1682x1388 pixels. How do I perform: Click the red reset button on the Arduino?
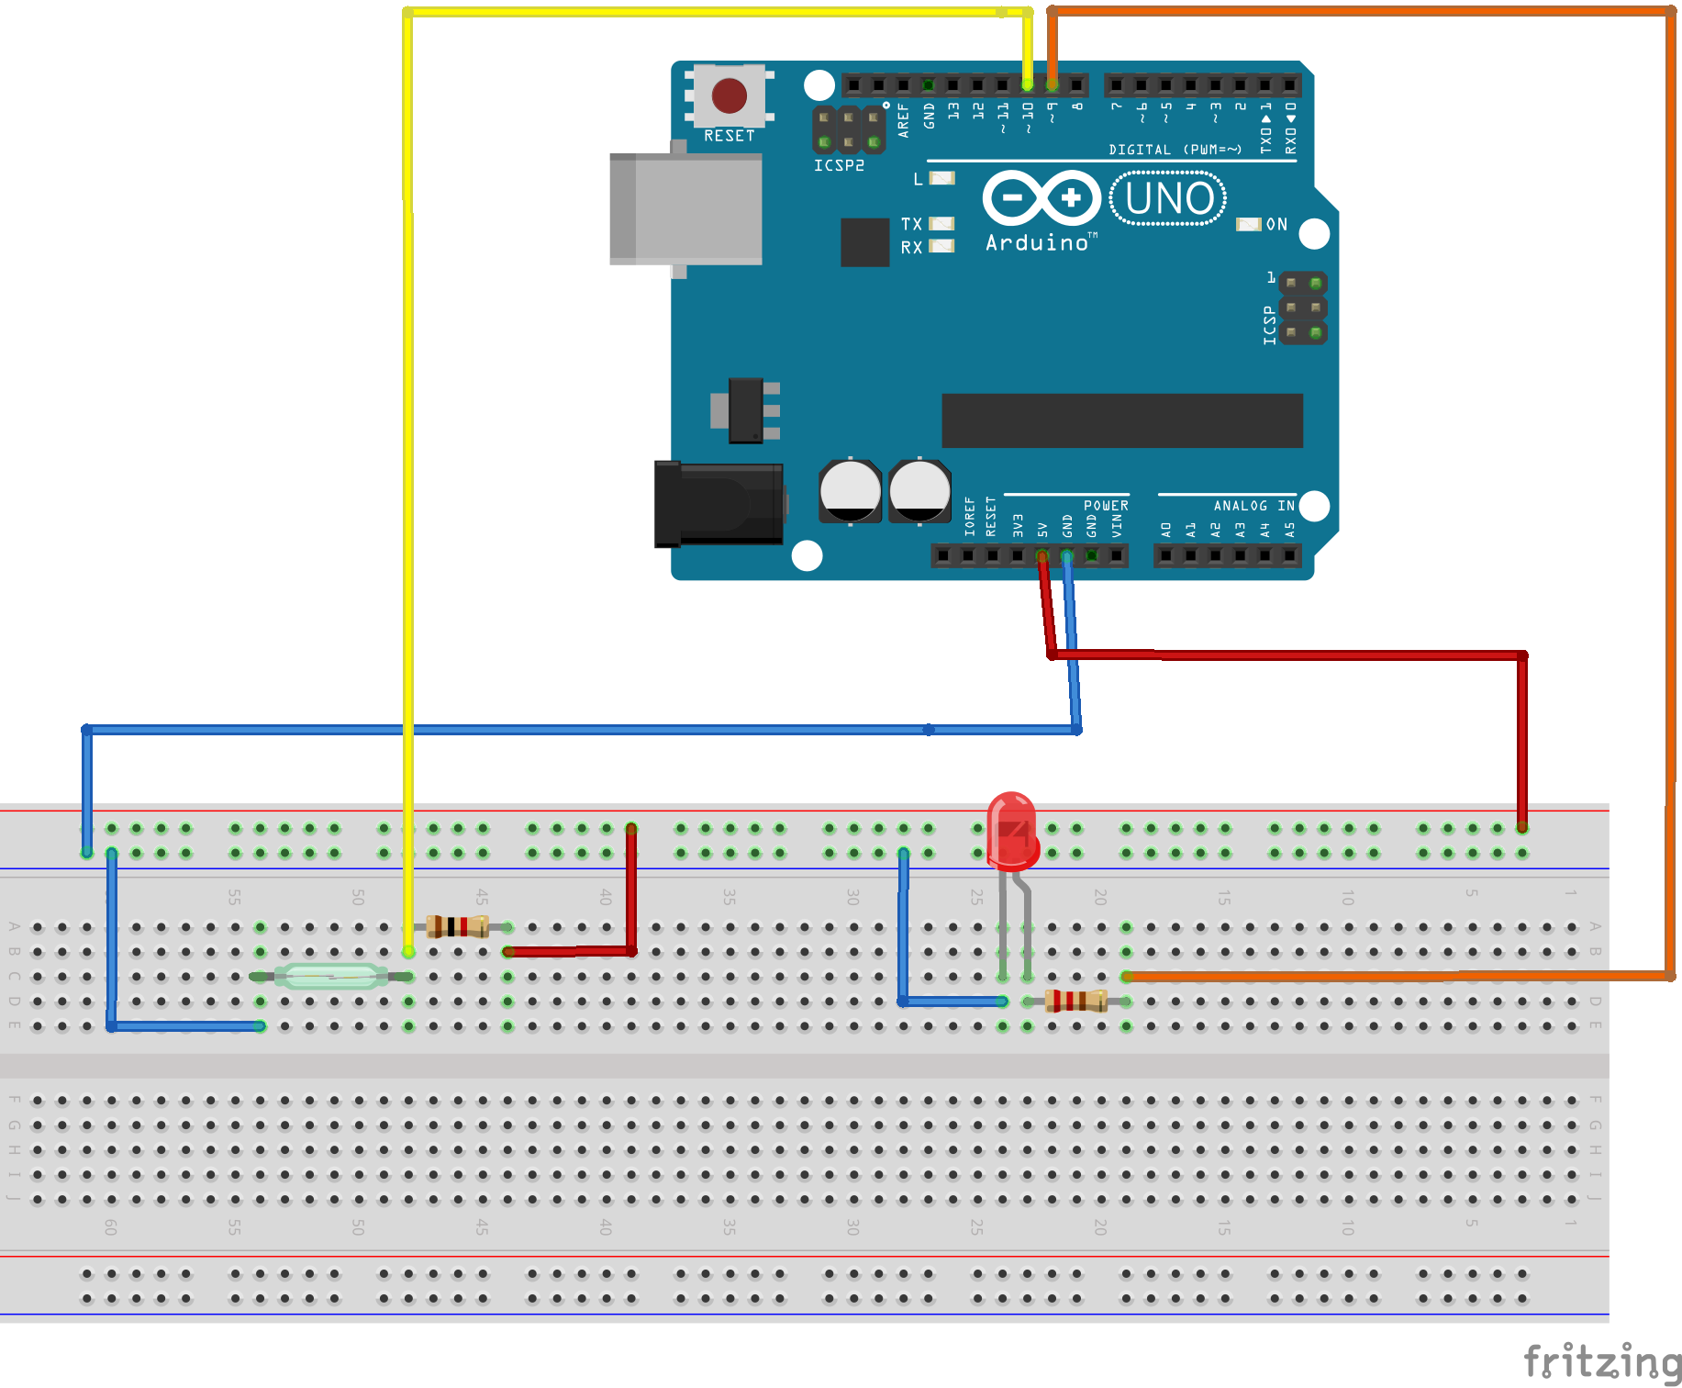point(730,95)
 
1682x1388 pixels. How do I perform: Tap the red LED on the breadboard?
point(1012,830)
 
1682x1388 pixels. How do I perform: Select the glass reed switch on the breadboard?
point(331,976)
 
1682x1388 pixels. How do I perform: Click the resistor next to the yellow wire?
point(457,926)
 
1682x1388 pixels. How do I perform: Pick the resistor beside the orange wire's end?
point(1075,1001)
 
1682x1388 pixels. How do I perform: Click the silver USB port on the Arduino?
point(686,209)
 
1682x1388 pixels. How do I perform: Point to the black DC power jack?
point(718,504)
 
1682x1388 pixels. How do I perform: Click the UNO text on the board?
point(1169,198)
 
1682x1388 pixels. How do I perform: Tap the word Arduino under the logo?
point(1037,243)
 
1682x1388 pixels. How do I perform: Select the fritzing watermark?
point(1602,1361)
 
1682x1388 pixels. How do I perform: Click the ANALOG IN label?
point(1253,506)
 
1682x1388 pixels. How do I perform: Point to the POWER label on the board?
point(1106,506)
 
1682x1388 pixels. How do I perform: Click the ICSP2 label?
point(839,166)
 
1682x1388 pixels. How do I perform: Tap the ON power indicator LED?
point(1249,225)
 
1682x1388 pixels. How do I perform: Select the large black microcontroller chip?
point(1122,421)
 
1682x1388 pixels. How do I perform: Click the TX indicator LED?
point(942,224)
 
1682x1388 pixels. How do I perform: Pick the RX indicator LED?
point(942,247)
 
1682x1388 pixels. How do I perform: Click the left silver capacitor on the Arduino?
point(850,491)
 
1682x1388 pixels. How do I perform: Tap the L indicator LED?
point(942,179)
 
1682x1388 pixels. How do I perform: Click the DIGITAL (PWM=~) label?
point(1175,150)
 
